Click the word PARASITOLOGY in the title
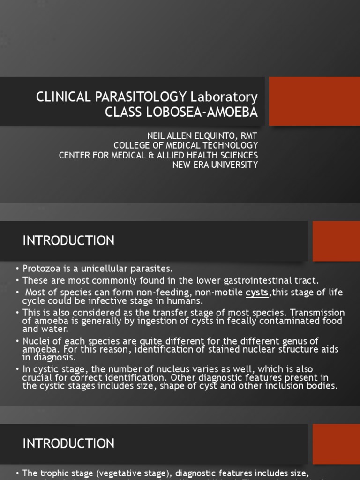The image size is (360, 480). click(x=141, y=97)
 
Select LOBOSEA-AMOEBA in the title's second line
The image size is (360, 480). click(x=202, y=112)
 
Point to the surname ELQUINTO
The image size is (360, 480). click(x=209, y=135)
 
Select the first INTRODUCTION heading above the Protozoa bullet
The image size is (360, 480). click(x=68, y=241)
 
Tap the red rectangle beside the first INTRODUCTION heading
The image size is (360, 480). click(x=336, y=241)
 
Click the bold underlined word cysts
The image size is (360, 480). click(x=257, y=292)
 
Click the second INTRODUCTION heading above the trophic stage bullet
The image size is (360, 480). click(x=68, y=443)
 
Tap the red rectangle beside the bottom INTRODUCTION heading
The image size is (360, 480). click(x=336, y=443)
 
